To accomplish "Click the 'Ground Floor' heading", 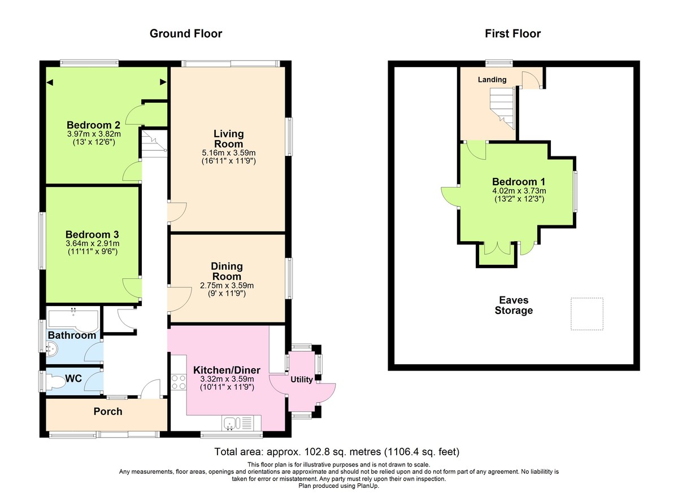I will coord(185,34).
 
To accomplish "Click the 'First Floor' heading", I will coord(512,34).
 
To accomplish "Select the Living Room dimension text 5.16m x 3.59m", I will coord(228,152).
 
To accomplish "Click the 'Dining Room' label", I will coord(227,271).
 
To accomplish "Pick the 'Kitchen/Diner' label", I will coord(227,370).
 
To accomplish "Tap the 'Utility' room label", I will coord(302,379).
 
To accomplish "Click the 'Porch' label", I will coord(107,411).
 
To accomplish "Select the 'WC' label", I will coord(74,378).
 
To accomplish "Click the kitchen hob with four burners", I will coord(178,382).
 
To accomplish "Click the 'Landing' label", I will coord(492,80).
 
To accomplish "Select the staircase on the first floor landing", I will coord(502,110).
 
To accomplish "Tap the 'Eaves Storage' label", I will coord(514,306).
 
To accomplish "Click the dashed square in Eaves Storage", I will coord(587,313).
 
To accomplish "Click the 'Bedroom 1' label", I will coord(518,182).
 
